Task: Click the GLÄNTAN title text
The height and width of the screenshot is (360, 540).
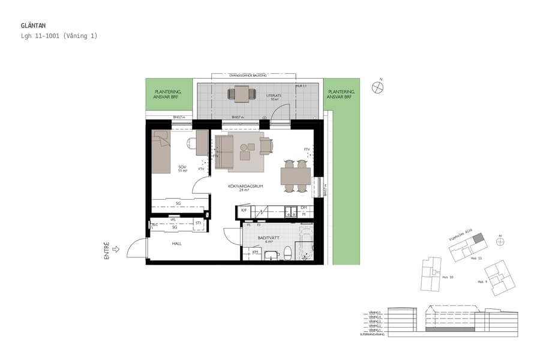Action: click(x=34, y=26)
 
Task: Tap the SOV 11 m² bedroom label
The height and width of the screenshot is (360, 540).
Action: click(x=182, y=169)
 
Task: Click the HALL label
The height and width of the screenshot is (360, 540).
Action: click(x=176, y=244)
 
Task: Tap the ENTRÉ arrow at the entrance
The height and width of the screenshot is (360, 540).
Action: click(x=116, y=248)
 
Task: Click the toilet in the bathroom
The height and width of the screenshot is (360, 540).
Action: click(x=287, y=253)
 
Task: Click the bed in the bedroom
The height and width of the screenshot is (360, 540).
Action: click(x=161, y=151)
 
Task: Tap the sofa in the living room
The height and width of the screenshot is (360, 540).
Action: click(x=224, y=152)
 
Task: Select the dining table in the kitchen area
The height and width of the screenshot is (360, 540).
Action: click(x=295, y=176)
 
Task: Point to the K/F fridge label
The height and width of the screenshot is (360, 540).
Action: click(x=244, y=211)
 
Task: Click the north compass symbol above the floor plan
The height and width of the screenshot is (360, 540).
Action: click(x=377, y=87)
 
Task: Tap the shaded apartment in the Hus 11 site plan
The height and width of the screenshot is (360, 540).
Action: click(x=478, y=240)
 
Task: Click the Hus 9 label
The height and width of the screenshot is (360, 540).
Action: click(x=481, y=281)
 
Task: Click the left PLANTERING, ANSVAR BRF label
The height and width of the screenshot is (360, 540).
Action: click(x=169, y=94)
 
